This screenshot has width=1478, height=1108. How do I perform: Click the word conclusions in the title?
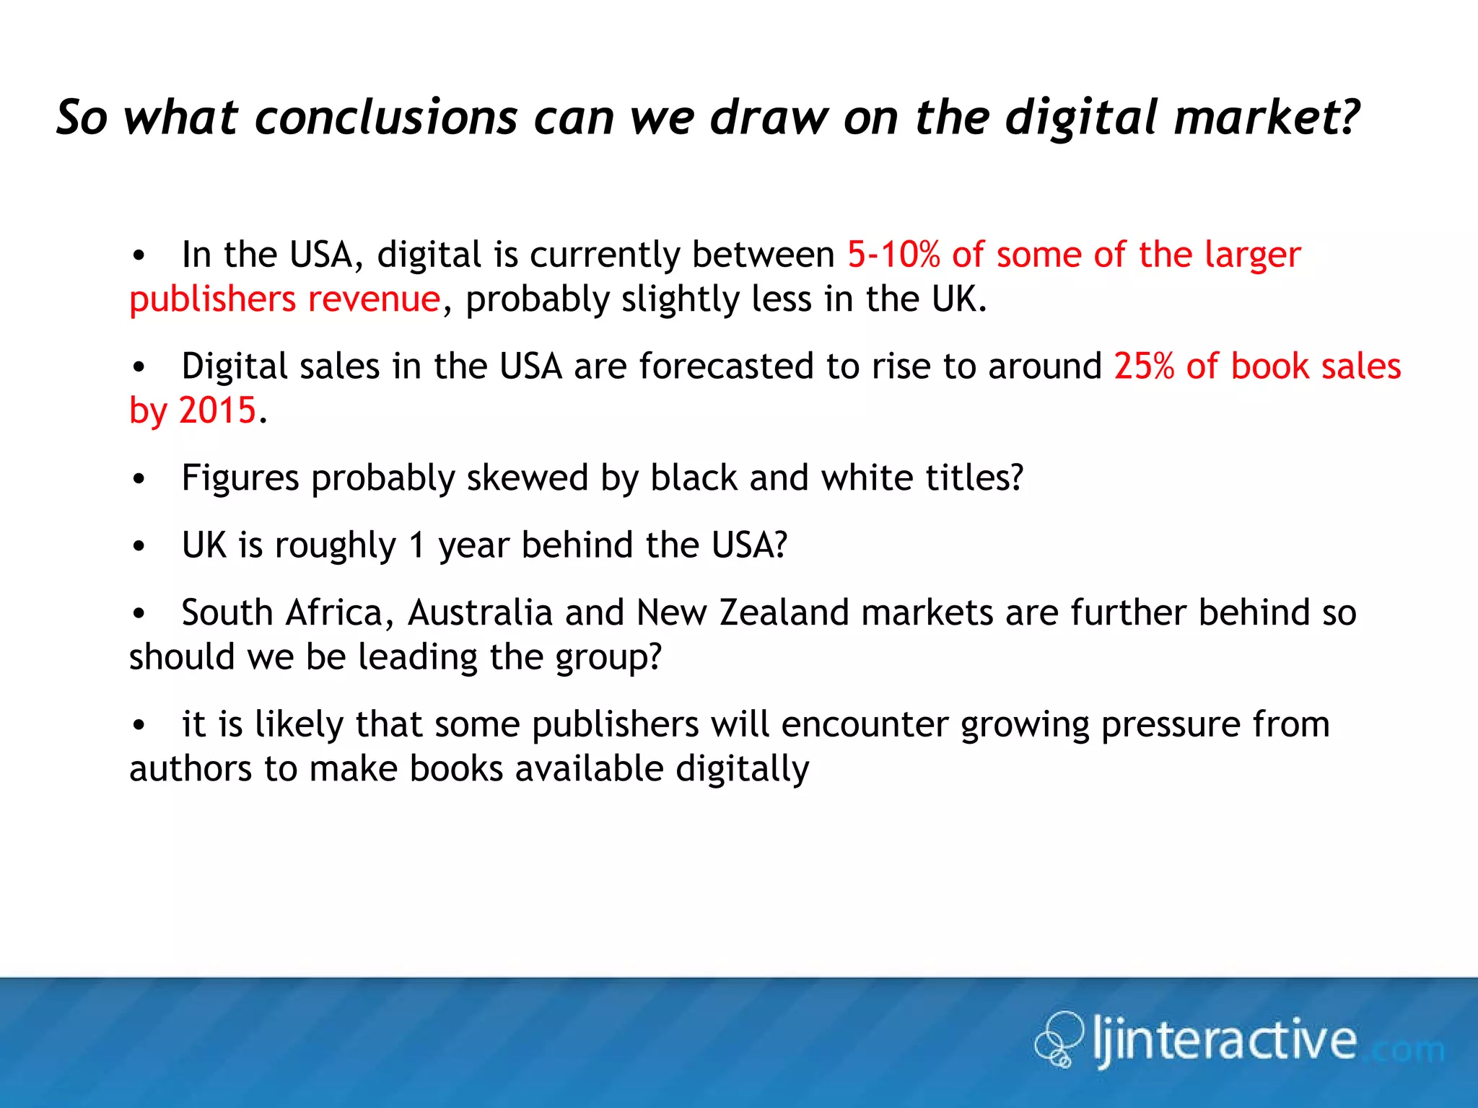[x=386, y=118]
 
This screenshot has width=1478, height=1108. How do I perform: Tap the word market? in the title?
[x=1267, y=118]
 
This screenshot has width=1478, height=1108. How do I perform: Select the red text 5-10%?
[x=893, y=255]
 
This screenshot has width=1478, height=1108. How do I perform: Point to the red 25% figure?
[x=1144, y=366]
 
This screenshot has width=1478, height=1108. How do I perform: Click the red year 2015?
[x=217, y=410]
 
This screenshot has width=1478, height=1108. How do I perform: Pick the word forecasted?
[x=726, y=366]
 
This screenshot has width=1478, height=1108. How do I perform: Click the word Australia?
[x=480, y=612]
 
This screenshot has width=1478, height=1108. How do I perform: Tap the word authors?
[x=190, y=769]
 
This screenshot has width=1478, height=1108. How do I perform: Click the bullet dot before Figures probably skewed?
[x=139, y=479]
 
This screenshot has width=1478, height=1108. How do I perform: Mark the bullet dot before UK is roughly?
[x=139, y=546]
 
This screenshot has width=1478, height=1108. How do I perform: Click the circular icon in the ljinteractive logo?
[x=1059, y=1039]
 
